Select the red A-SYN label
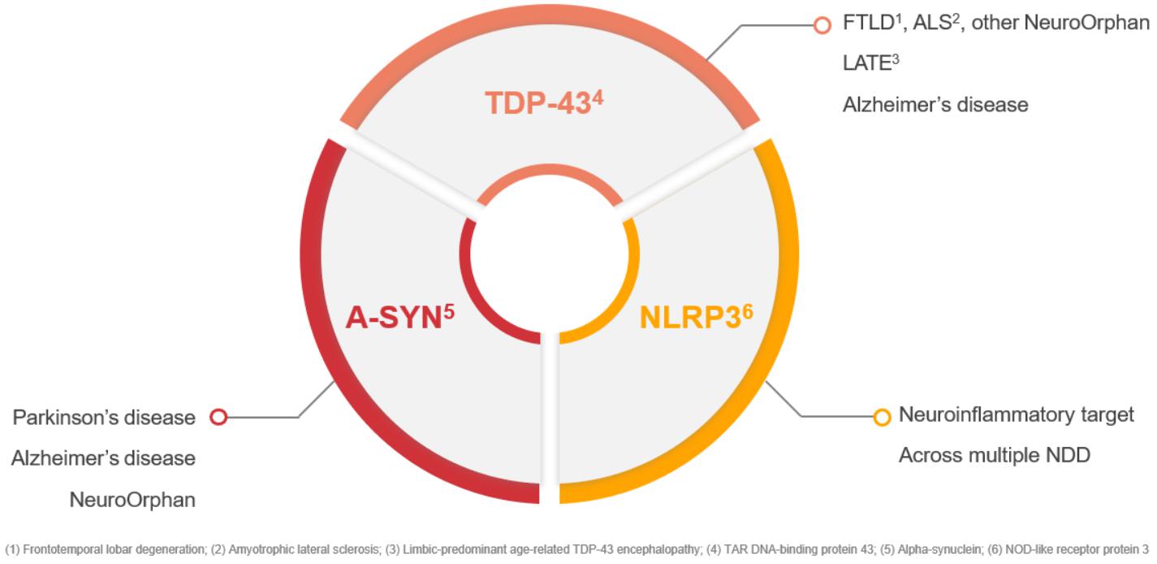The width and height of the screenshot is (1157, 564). click(x=399, y=317)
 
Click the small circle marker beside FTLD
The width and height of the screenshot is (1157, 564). click(x=822, y=24)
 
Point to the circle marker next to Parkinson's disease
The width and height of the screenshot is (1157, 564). click(x=218, y=417)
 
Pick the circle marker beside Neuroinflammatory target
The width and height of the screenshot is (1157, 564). click(x=882, y=417)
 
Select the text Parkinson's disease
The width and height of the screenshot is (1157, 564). click(x=104, y=418)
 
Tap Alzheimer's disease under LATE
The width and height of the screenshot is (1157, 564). click(x=935, y=105)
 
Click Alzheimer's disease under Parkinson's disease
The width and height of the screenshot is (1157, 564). click(x=104, y=458)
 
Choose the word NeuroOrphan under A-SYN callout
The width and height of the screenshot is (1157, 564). click(x=132, y=499)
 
